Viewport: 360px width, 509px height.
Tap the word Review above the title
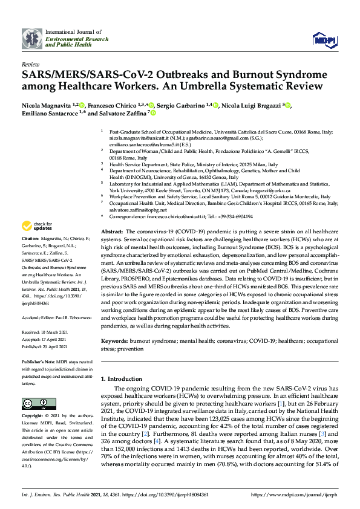click(30, 63)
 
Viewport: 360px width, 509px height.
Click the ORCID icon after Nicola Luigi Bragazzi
click(288, 106)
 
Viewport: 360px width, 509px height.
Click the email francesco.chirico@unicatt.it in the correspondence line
click(161, 216)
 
